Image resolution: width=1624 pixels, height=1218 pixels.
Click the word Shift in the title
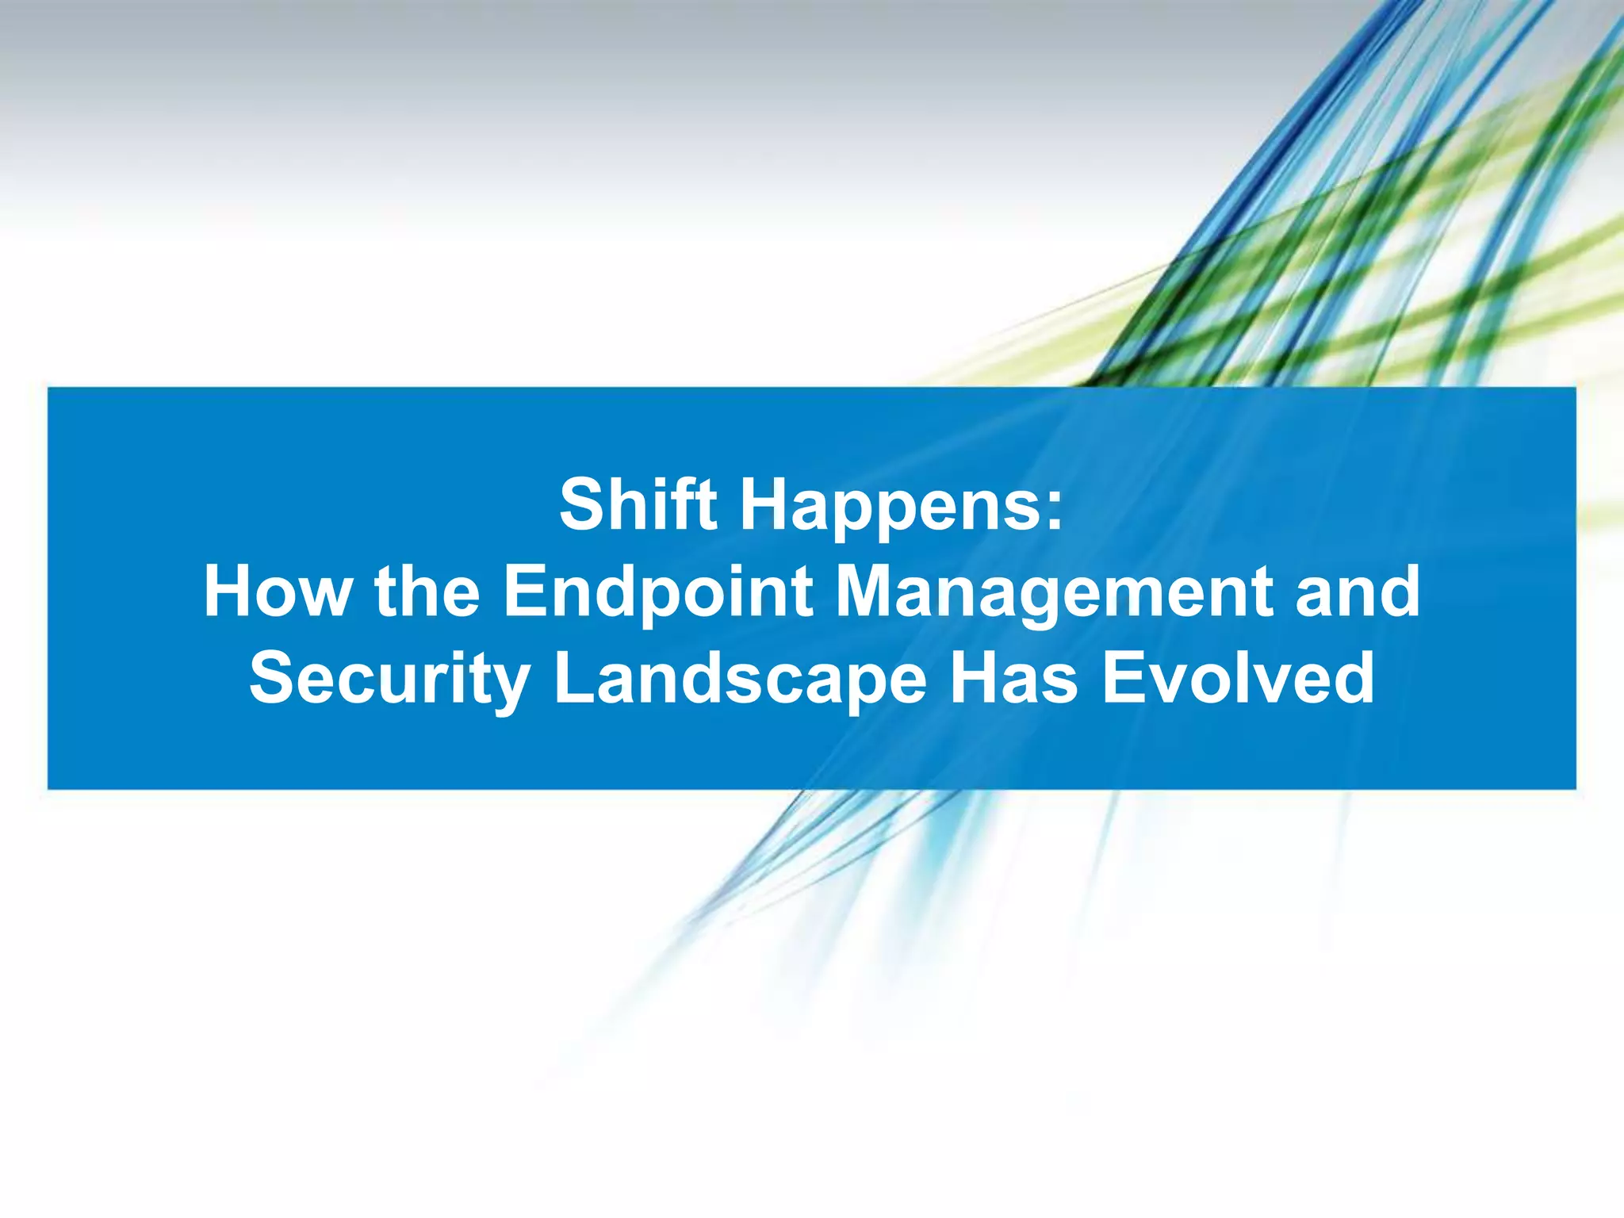point(638,505)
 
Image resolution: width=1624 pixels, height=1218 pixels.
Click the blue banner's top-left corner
point(49,389)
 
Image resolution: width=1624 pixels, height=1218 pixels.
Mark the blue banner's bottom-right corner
point(1575,788)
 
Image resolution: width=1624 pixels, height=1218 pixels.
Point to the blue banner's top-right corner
point(1575,389)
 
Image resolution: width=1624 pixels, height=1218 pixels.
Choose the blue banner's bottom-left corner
point(49,788)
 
